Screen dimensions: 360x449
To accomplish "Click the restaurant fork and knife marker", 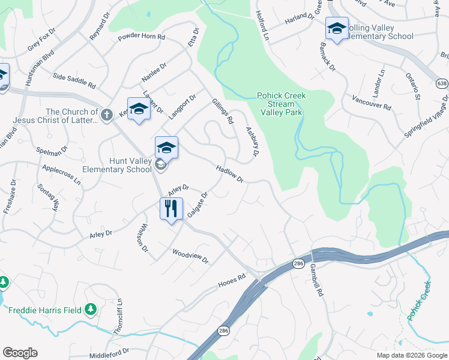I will [171, 209].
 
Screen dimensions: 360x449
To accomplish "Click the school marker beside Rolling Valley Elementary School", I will [337, 28].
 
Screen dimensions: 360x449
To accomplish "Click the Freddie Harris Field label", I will [46, 310].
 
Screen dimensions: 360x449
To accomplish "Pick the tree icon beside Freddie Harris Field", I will [91, 309].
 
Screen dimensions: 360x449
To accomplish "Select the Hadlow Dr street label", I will [229, 175].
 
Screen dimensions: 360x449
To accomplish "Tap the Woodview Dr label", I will [190, 257].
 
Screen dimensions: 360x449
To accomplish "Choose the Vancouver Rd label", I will [372, 102].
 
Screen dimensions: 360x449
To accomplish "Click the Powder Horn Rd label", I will [141, 37].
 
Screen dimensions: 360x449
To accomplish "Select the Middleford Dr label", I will [109, 353].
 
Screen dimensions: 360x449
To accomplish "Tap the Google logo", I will [20, 353].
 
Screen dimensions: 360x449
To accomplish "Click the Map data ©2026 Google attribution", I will [412, 355].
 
